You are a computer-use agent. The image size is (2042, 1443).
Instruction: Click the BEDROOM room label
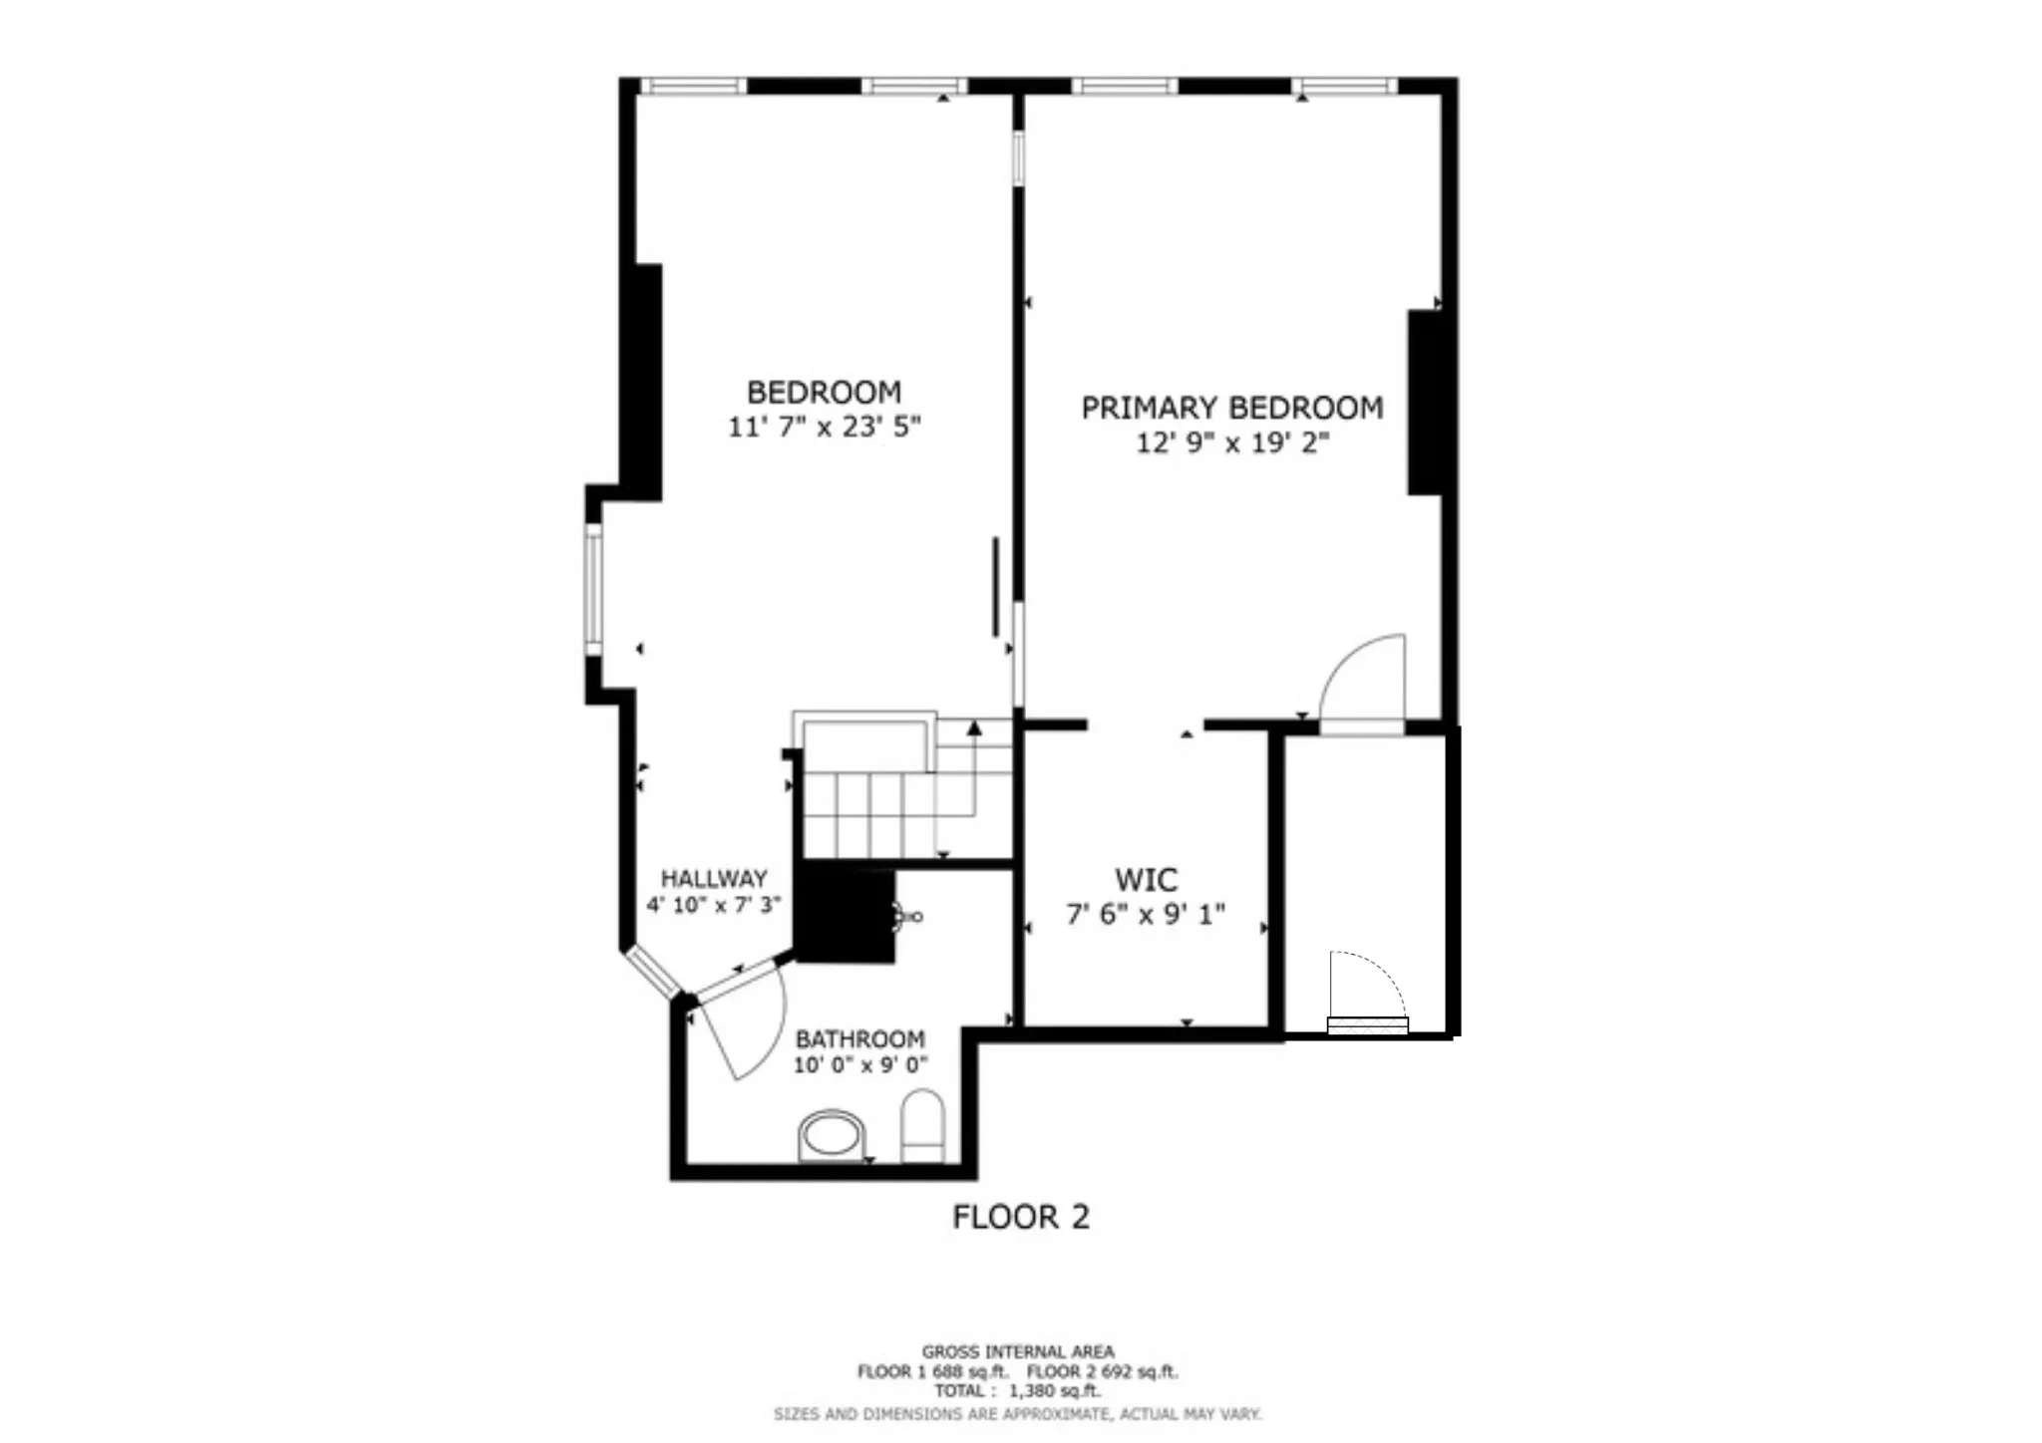pos(824,392)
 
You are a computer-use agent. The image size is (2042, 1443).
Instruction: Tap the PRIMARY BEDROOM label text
pos(1232,408)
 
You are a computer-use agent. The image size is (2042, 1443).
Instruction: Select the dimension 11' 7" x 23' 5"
pos(824,427)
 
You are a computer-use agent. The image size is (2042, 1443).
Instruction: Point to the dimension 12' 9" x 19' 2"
pos(1232,442)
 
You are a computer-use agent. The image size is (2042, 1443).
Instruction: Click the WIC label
pos(1146,880)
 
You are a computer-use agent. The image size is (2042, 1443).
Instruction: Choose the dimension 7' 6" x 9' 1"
pos(1146,914)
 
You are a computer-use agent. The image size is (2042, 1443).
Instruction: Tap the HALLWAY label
pos(714,879)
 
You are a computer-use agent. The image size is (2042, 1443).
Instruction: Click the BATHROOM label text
pos(859,1038)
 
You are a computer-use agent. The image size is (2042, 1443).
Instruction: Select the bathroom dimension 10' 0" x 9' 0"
pos(859,1065)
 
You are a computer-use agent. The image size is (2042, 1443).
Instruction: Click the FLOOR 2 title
pos(1020,1217)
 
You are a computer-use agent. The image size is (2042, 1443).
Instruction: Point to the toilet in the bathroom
pos(922,1125)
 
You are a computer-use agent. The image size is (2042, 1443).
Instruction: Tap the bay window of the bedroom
pos(593,590)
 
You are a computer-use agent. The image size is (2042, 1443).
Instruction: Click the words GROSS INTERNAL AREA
pos(1018,1352)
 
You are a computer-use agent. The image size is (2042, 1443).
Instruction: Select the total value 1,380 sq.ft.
pos(1054,1391)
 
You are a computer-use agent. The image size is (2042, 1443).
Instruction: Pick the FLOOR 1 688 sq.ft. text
pos(932,1372)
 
